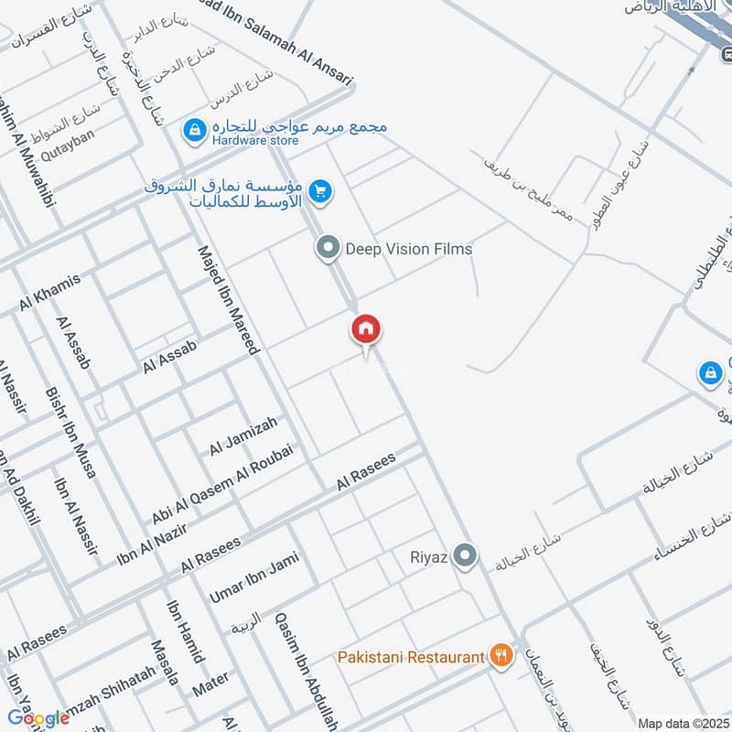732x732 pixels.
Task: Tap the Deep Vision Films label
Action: click(408, 248)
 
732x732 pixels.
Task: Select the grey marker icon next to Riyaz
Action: click(467, 555)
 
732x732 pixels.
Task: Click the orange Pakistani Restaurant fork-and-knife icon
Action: click(500, 655)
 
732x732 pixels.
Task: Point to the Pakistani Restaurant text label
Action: click(410, 657)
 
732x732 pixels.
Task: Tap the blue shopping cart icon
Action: click(319, 191)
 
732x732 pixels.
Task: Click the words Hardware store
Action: click(255, 141)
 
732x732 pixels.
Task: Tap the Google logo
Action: click(38, 717)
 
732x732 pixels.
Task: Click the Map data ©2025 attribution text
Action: click(683, 724)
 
